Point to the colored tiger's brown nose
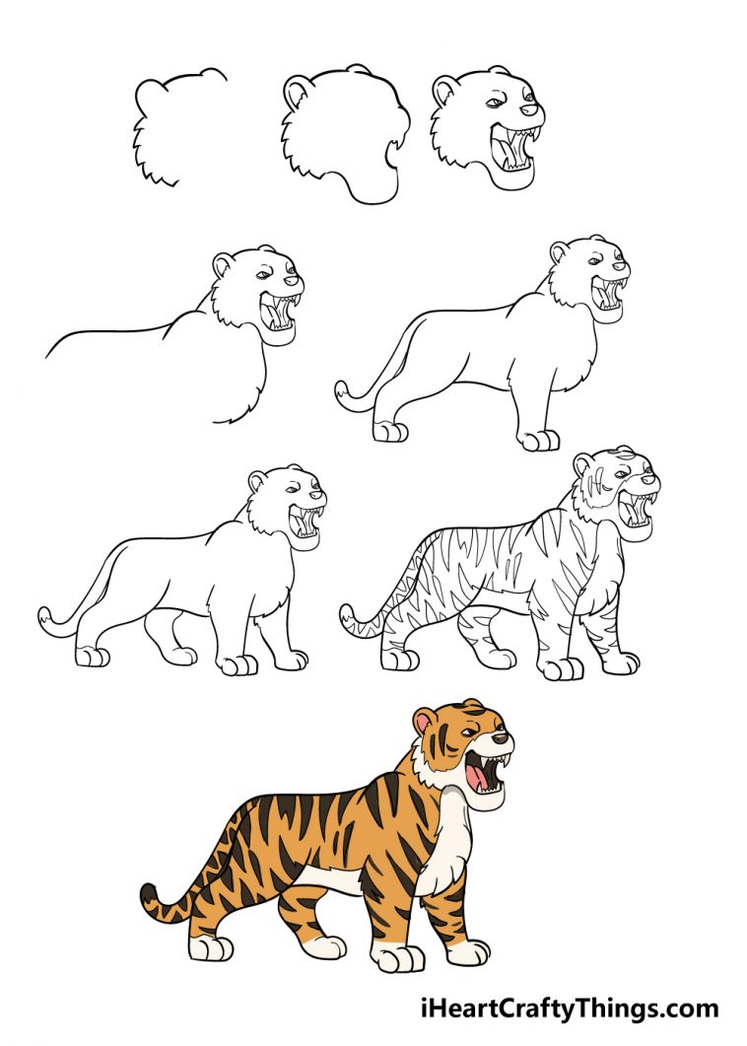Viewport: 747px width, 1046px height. [x=501, y=736]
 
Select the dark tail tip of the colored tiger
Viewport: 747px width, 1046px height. [x=149, y=896]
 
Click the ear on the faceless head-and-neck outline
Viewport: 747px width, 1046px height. [x=296, y=94]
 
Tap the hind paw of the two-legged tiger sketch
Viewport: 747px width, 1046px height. [x=389, y=431]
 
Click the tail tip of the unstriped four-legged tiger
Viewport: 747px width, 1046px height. [x=44, y=618]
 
